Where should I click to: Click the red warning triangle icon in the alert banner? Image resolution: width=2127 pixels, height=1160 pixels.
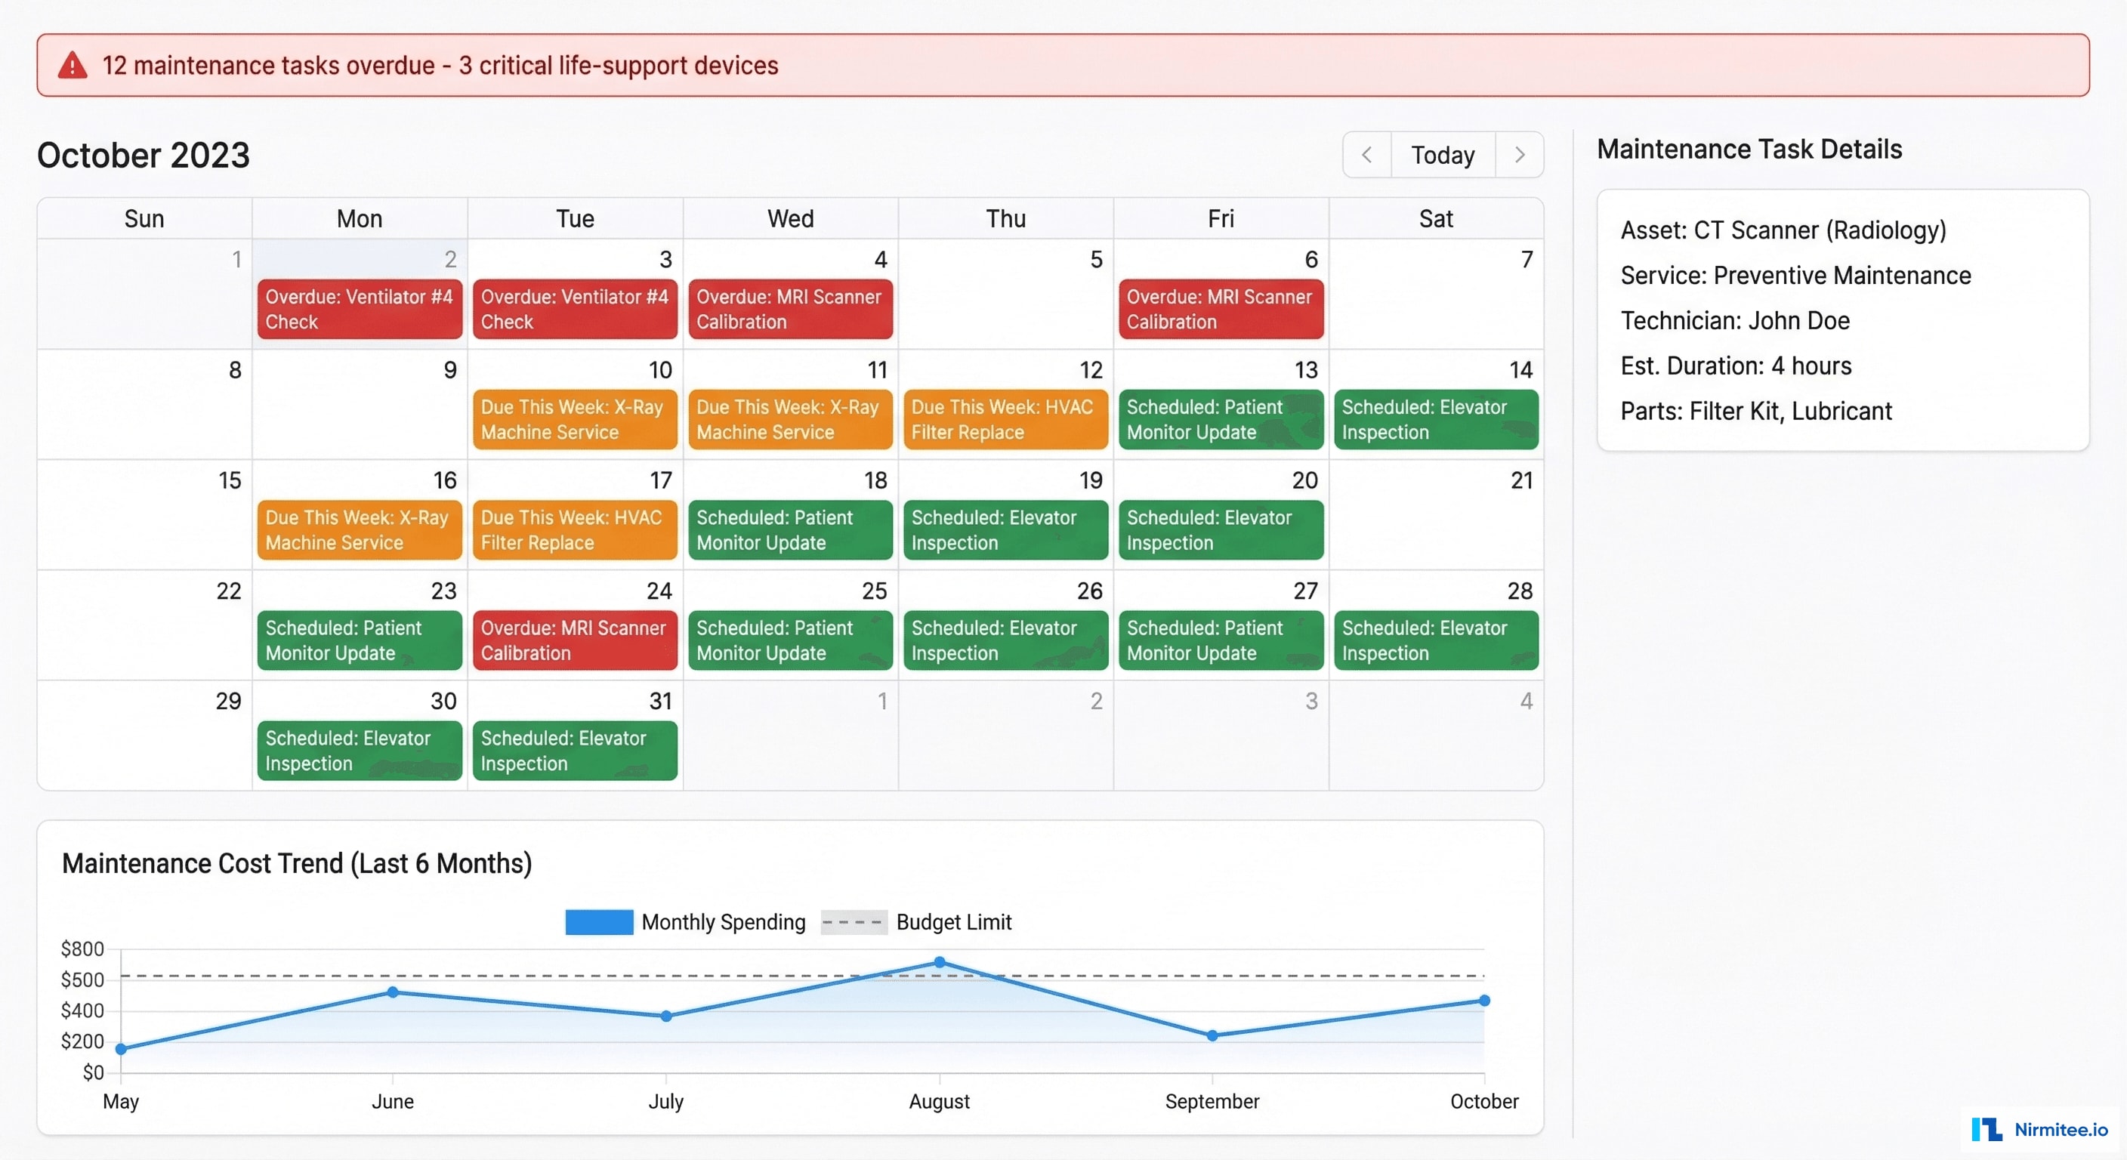(x=73, y=65)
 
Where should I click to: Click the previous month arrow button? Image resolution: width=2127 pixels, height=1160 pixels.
(x=1366, y=154)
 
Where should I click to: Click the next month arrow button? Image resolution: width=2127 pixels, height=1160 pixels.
(x=1519, y=154)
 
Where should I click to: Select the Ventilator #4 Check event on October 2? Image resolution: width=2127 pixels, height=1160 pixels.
(x=360, y=309)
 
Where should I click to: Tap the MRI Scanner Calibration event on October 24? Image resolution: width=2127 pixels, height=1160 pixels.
(x=575, y=640)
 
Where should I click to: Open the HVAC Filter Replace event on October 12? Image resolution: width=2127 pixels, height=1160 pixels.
(x=1005, y=419)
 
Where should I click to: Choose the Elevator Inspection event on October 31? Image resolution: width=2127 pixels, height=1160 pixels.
(x=575, y=751)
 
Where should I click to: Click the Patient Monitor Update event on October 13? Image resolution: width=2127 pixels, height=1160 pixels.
(x=1221, y=419)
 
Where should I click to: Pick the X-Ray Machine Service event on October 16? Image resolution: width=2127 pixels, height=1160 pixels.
(x=360, y=530)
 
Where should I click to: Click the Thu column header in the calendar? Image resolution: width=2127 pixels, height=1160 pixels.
(x=1005, y=219)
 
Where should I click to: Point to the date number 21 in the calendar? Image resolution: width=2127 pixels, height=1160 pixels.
(x=1521, y=480)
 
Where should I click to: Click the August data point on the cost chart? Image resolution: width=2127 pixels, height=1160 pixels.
(x=940, y=962)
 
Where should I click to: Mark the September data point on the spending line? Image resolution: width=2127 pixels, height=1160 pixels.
(x=1212, y=1035)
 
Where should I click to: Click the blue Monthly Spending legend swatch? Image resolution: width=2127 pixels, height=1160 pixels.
(x=599, y=922)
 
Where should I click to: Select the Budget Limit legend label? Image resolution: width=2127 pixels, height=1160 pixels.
(x=953, y=922)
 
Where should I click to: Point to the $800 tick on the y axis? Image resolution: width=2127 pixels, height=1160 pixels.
(x=82, y=949)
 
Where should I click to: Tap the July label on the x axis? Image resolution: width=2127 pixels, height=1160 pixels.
(x=665, y=1101)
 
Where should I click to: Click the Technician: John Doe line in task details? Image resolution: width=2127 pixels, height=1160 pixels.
(x=1735, y=320)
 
